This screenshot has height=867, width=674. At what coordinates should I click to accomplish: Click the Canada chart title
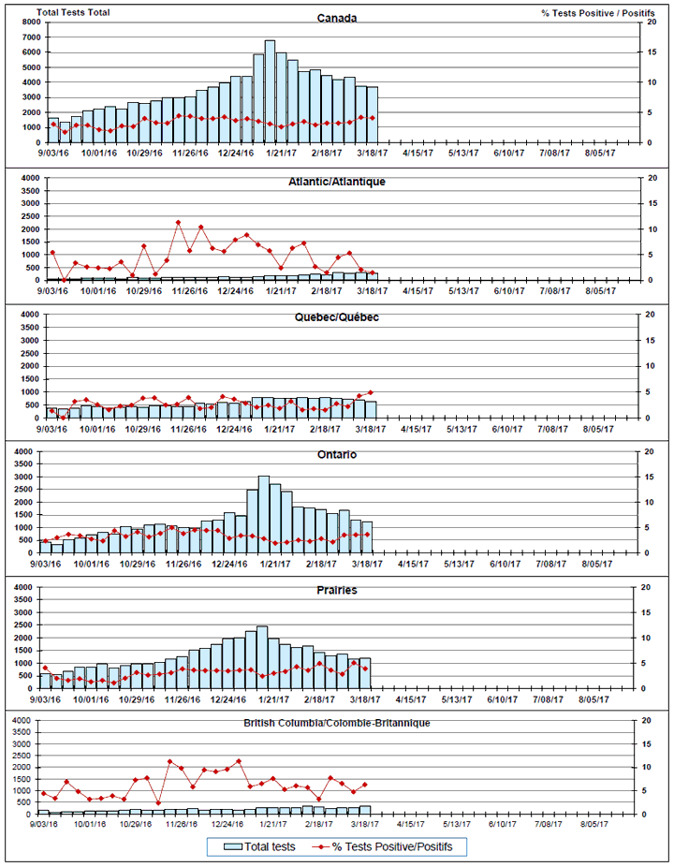(336, 18)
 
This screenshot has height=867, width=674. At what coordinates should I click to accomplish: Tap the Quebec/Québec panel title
(336, 317)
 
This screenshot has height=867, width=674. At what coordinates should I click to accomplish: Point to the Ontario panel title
(336, 454)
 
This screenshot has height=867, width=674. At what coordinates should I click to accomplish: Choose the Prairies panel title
(336, 591)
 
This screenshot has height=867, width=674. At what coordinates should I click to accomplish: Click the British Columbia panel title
(336, 724)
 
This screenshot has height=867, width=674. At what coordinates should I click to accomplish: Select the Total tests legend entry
(261, 846)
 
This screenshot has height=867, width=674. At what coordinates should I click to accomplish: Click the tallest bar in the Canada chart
(270, 91)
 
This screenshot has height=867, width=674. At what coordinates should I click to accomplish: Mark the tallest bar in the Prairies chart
(263, 656)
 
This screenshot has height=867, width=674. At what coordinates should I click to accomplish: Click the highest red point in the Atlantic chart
(178, 222)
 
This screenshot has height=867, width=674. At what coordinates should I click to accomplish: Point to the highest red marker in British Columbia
(239, 760)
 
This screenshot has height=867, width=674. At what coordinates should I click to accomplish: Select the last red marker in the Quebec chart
(371, 392)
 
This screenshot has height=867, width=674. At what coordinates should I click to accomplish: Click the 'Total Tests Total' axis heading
(66, 12)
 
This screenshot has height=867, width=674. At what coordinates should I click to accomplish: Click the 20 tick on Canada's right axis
(646, 22)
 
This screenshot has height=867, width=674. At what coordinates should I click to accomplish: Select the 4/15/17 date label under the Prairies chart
(413, 698)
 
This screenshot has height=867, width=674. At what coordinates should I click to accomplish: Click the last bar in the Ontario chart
(367, 536)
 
